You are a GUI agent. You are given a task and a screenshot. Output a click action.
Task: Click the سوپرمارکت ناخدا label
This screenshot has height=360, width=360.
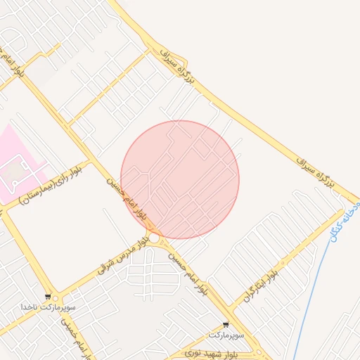coord(47,307)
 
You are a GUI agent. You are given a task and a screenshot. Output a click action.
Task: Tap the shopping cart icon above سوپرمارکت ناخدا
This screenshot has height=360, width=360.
coord(48,297)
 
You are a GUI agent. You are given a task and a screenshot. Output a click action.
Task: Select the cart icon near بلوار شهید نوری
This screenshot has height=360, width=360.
coord(225,325)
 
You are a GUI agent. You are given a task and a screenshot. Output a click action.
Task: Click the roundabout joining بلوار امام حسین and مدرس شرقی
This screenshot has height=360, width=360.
coord(153,238)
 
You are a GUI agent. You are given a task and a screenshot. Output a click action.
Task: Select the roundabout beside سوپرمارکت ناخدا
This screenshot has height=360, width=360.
coord(56,298)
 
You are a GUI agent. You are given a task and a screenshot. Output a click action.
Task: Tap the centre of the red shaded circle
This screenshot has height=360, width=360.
coord(180,179)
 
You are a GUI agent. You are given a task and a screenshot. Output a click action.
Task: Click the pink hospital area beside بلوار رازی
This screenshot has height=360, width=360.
coord(18,162)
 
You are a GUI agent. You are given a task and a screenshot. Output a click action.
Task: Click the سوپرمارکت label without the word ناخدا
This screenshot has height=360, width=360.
coord(231,335)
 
